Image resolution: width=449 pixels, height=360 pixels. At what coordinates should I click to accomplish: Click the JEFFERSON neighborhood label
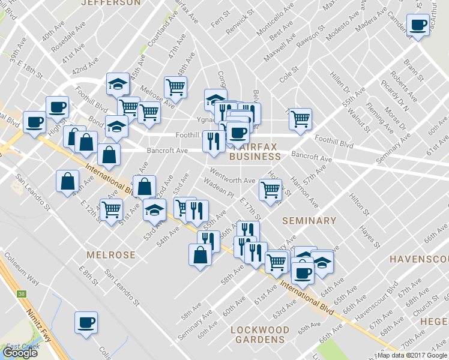[x=110, y=3]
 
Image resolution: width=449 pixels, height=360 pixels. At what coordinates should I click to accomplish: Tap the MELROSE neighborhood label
[x=111, y=255]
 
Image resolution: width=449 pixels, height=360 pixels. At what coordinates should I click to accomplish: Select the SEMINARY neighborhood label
[x=309, y=221]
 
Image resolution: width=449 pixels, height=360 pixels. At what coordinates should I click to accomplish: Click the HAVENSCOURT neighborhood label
[x=419, y=259]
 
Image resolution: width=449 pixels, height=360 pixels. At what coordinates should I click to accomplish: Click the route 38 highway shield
[x=22, y=294]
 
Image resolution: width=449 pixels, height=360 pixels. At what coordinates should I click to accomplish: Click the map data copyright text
[x=412, y=355]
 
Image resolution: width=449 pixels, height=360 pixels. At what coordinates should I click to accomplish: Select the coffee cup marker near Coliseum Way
[x=86, y=322]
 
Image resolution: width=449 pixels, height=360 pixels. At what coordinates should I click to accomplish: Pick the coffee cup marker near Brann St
[x=417, y=25]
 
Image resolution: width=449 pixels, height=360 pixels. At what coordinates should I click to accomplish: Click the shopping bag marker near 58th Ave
[x=200, y=255]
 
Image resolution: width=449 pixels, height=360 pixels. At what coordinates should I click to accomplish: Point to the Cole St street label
[x=288, y=78]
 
